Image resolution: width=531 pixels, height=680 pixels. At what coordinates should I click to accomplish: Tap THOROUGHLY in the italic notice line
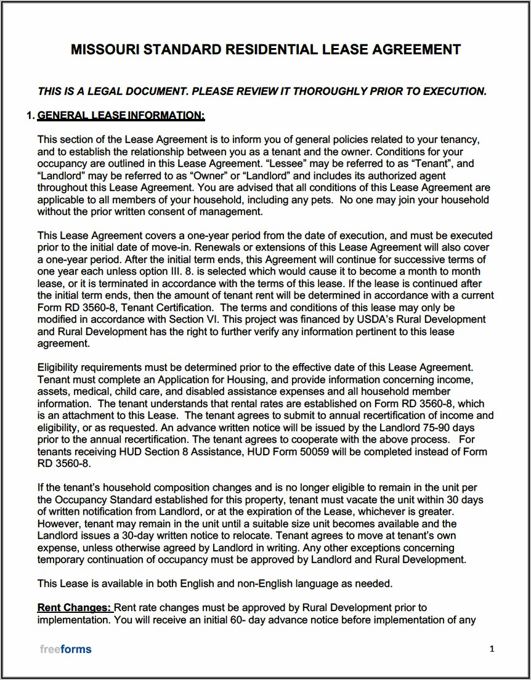point(330,91)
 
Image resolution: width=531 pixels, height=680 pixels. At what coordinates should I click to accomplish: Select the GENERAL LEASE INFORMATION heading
point(121,115)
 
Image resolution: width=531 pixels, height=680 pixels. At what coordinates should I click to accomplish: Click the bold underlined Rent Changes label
point(75,608)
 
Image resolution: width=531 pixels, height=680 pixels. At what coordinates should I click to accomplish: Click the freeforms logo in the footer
point(65,649)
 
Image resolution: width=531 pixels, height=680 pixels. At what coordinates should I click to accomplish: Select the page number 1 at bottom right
point(492,648)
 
